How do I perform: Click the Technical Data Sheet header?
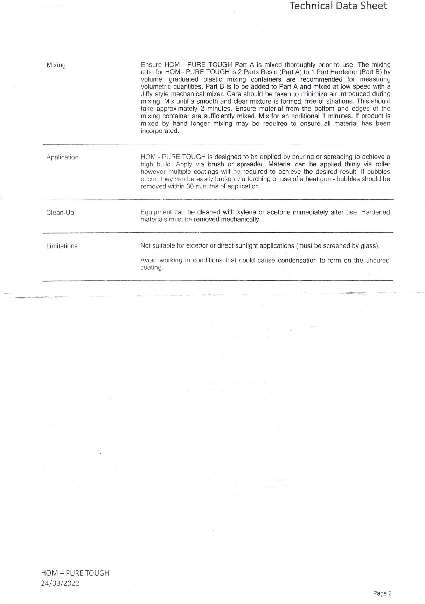point(338,6)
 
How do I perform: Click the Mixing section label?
point(56,65)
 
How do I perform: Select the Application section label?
point(62,157)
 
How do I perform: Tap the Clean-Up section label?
point(60,213)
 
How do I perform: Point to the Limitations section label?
point(62,246)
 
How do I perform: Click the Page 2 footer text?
point(382,593)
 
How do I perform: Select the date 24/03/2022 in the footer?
point(60,583)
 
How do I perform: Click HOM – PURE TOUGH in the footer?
point(75,573)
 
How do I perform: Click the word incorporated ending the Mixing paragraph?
point(159,131)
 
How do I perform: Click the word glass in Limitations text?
point(370,246)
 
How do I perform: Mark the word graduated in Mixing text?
point(183,79)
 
